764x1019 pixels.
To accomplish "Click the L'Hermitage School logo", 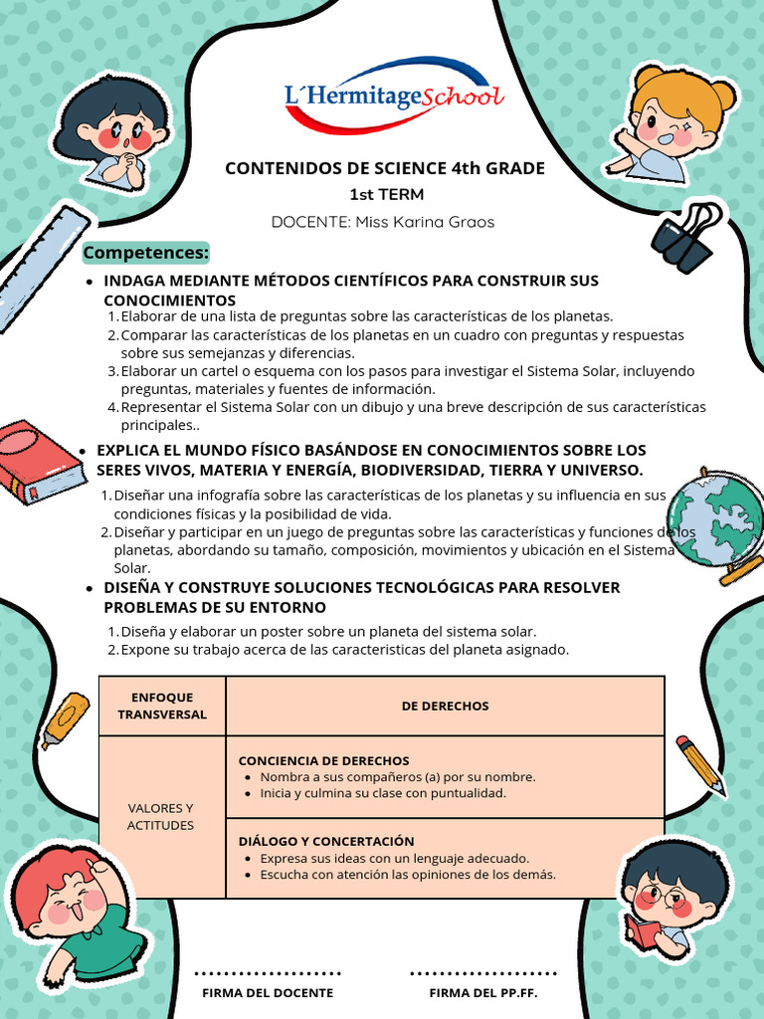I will click(394, 96).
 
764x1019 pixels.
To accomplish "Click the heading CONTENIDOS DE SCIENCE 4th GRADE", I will click(385, 168).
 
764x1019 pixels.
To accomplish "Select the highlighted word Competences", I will click(145, 252).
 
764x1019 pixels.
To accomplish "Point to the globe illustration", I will click(717, 522).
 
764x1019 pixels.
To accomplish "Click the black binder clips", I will click(687, 237).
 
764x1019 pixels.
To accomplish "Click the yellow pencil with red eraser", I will click(700, 764).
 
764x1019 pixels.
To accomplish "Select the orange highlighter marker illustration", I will click(66, 718).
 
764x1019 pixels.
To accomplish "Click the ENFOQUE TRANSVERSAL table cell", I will click(162, 706).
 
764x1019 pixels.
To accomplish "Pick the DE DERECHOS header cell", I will click(445, 706).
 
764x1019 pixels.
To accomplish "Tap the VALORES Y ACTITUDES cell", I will click(161, 817).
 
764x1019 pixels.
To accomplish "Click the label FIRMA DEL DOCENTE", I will click(268, 992).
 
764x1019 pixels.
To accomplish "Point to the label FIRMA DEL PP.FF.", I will click(483, 992).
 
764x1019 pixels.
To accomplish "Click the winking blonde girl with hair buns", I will click(673, 125).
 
